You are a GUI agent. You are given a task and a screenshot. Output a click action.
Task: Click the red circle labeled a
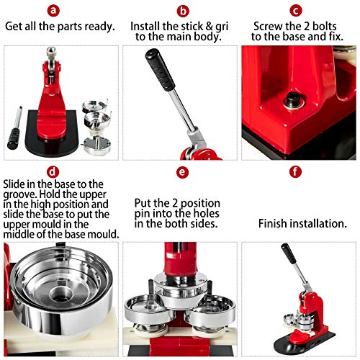60,10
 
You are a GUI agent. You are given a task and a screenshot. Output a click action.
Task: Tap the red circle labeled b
183,10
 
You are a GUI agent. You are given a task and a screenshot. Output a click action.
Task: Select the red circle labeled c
296,10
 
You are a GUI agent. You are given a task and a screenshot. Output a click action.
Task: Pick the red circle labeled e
183,173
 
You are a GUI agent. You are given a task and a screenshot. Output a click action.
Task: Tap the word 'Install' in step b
147,26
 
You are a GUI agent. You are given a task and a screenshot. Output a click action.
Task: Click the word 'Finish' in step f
274,224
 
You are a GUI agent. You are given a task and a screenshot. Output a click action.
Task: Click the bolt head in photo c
293,99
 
